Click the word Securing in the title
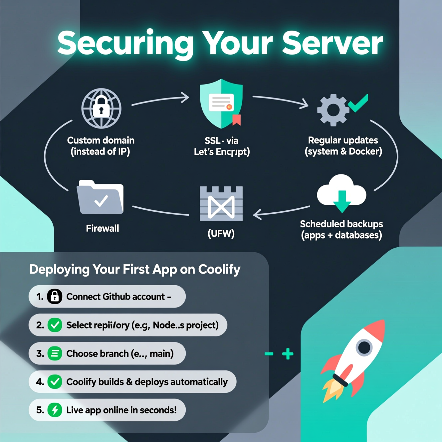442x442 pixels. point(125,43)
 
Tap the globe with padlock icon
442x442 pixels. point(102,108)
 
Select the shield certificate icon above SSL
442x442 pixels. point(221,104)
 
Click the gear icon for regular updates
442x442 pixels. point(332,110)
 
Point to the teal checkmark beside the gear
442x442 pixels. point(358,103)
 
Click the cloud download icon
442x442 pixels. point(341,193)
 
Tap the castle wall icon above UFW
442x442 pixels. point(221,204)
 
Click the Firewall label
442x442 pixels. point(103,228)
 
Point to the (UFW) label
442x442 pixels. point(221,233)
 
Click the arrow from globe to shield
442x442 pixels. point(161,100)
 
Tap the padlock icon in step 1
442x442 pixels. point(55,296)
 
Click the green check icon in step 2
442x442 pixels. point(55,325)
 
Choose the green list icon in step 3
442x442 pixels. point(55,353)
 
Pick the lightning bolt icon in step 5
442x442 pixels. point(55,410)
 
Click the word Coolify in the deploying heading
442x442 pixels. point(219,269)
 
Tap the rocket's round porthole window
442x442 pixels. point(364,347)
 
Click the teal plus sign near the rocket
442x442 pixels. point(288,354)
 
